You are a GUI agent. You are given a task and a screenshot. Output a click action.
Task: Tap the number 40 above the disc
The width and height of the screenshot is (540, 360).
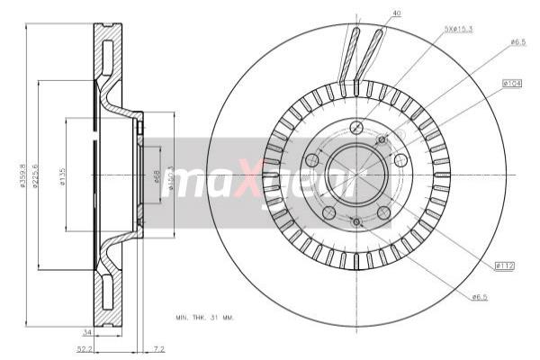click(x=397, y=13)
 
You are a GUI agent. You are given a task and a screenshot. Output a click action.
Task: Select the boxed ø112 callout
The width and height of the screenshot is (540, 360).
click(x=504, y=265)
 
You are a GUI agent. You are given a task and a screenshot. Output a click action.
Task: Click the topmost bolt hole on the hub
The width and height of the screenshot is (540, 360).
click(x=356, y=125)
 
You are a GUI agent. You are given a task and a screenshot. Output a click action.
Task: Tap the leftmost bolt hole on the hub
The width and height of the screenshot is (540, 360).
click(x=312, y=160)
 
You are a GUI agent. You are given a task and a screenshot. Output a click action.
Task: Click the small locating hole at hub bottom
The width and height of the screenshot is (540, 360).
click(x=356, y=221)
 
